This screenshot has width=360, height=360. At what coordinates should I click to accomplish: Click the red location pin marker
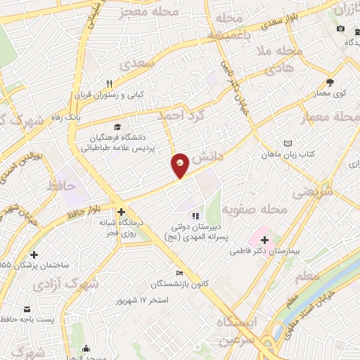point(180,166)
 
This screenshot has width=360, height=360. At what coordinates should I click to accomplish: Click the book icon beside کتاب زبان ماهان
point(287,143)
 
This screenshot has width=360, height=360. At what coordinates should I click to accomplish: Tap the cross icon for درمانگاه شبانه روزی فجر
point(121,211)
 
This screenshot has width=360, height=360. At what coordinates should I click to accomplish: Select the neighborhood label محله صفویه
point(255,210)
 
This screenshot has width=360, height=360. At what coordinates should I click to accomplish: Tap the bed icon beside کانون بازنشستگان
point(179,273)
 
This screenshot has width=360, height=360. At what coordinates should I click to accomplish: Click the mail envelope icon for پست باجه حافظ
point(27,309)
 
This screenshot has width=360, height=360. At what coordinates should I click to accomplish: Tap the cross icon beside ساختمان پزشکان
point(34,255)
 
